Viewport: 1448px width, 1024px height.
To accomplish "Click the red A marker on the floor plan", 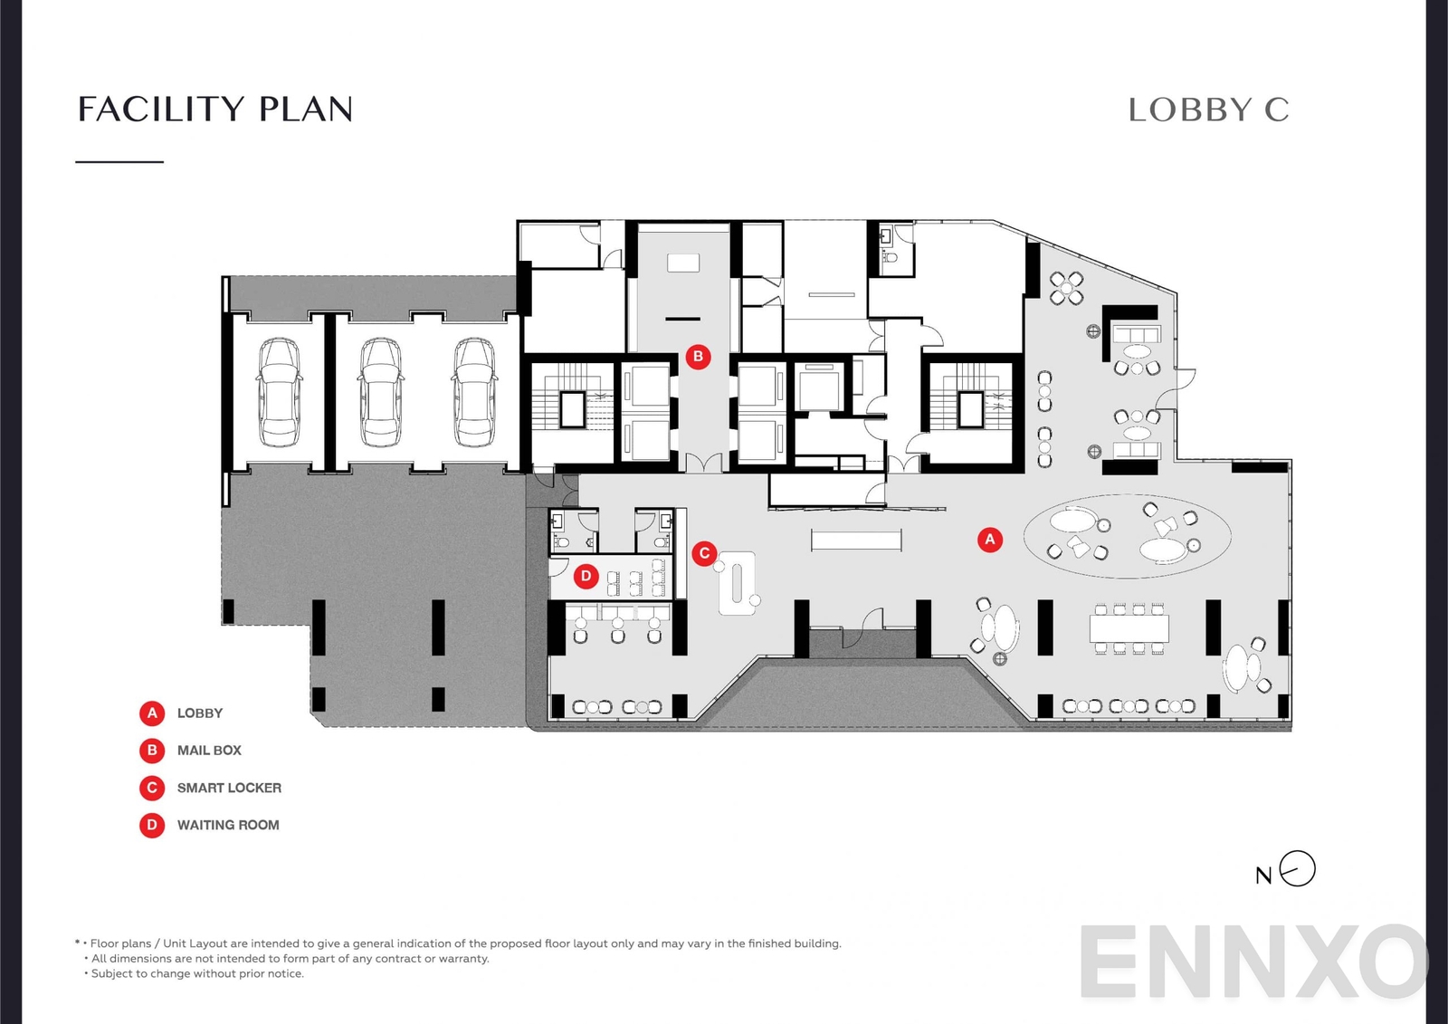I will pos(990,540).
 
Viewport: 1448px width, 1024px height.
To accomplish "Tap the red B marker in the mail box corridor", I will pos(698,357).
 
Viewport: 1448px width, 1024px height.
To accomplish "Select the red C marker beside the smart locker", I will pos(704,553).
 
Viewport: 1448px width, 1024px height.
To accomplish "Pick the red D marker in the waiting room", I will pos(586,576).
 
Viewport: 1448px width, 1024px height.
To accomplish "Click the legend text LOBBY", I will pos(200,713).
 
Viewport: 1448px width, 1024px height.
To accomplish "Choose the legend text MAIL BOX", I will pos(209,751).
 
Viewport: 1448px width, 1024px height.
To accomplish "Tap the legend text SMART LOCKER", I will pos(229,788).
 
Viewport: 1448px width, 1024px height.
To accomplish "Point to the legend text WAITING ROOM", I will pos(228,825).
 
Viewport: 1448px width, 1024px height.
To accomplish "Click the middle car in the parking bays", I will pos(381,392).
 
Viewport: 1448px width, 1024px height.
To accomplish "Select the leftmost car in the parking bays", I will pos(280,392).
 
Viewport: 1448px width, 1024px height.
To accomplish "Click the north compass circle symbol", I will pos(1298,869).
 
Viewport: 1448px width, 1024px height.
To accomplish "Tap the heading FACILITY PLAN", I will pos(215,110).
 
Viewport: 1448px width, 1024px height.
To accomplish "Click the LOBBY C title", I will pos(1208,110).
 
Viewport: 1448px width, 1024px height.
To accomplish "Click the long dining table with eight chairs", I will pos(1129,628).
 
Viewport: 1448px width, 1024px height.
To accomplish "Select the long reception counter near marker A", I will pos(856,541).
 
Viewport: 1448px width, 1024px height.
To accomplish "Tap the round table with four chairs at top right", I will pos(1067,289).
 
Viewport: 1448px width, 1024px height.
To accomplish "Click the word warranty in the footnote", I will pos(463,959).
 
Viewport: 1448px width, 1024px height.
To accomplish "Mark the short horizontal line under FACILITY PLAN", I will pos(119,162).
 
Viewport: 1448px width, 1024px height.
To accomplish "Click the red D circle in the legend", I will pos(152,825).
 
